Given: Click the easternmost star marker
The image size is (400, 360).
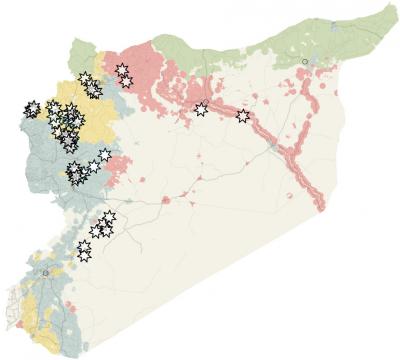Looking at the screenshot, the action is (x=243, y=116).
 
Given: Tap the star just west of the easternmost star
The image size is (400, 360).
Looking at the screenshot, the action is (x=201, y=108).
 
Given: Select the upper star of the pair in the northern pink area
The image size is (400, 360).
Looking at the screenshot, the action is (x=122, y=70).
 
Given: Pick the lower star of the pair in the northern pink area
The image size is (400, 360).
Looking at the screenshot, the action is (x=126, y=80).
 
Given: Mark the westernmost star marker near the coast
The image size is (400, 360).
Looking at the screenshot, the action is (x=33, y=107).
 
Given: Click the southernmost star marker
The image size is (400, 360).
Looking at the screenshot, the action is (x=85, y=255).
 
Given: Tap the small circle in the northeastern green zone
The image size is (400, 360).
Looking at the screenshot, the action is (x=305, y=62).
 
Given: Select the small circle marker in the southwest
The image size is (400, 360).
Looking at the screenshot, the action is (x=45, y=271).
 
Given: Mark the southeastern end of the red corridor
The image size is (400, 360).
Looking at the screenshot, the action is (x=320, y=207).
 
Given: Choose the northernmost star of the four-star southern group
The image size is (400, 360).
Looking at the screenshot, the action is (x=109, y=216).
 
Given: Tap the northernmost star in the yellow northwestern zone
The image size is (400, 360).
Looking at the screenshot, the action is (x=84, y=77).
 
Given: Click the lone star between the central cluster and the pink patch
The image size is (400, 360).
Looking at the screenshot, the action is (x=104, y=155).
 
